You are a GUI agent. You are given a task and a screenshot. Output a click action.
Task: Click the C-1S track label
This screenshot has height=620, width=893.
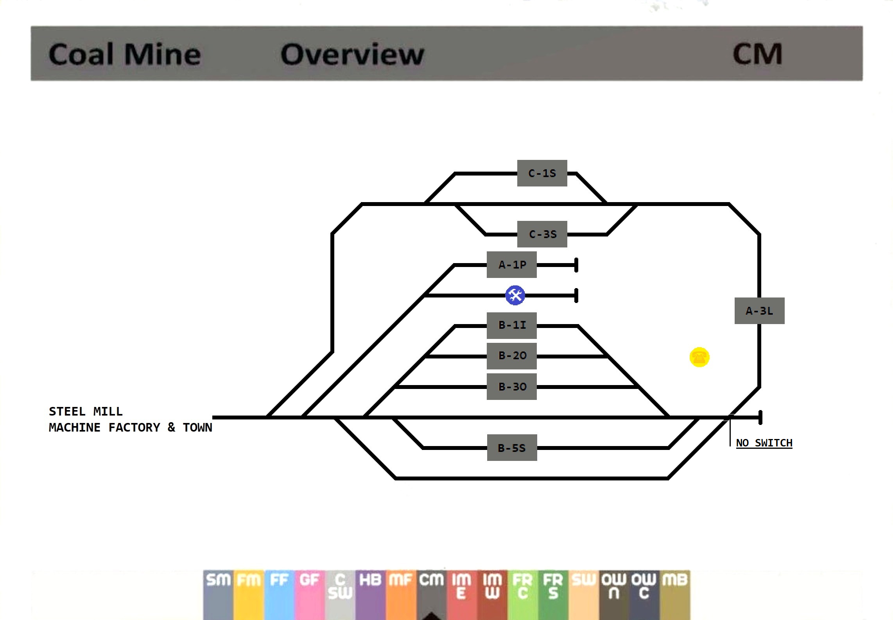pyautogui.click(x=542, y=173)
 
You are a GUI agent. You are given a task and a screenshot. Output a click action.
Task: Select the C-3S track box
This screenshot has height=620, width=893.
pyautogui.click(x=542, y=234)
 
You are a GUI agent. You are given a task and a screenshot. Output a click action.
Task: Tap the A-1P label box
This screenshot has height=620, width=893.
pyautogui.click(x=511, y=265)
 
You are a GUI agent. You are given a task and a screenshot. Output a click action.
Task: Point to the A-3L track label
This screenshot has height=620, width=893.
pyautogui.click(x=759, y=311)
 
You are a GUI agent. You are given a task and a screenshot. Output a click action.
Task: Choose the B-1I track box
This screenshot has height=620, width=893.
pyautogui.click(x=511, y=325)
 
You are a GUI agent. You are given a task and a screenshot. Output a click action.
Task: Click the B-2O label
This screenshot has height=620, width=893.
pyautogui.click(x=511, y=356)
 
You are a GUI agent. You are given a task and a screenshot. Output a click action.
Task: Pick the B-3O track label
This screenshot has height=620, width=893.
pyautogui.click(x=511, y=387)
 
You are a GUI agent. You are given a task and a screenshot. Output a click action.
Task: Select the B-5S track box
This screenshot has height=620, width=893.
pyautogui.click(x=512, y=448)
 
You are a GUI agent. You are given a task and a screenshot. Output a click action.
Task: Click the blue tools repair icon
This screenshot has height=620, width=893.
pyautogui.click(x=515, y=295)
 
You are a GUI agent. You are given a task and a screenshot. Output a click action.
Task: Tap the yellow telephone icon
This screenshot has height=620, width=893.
pyautogui.click(x=699, y=357)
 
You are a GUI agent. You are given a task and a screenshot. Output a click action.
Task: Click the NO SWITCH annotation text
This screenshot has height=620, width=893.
pyautogui.click(x=764, y=443)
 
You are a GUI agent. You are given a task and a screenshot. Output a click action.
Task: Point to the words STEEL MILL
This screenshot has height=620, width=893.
pyautogui.click(x=86, y=411)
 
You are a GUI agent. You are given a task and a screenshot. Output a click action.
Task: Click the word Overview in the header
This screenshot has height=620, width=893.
pyautogui.click(x=352, y=54)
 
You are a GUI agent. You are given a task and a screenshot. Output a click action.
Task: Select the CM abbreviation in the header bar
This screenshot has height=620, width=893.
pyautogui.click(x=757, y=54)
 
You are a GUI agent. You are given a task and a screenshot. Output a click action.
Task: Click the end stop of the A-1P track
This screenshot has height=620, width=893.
pyautogui.click(x=576, y=265)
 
